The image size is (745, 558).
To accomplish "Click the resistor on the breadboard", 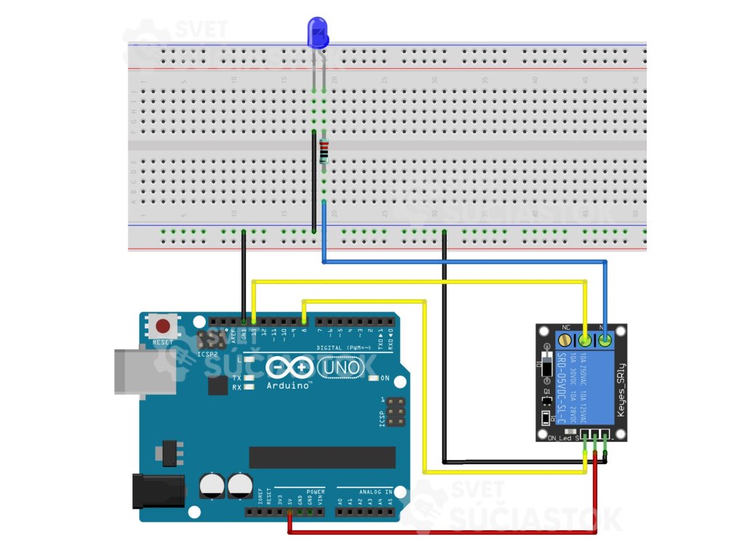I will click(324, 152).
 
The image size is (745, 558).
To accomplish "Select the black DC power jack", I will click(159, 491).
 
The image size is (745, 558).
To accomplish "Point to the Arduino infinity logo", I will click(290, 368).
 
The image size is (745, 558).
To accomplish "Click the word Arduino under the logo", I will click(289, 385).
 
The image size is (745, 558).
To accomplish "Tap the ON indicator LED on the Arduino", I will click(372, 379).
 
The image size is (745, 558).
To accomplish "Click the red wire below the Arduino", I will click(444, 533).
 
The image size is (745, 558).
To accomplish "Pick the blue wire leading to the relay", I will click(466, 262).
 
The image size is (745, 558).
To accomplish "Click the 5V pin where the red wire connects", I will click(290, 512).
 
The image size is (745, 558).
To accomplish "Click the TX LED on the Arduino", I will click(250, 378).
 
